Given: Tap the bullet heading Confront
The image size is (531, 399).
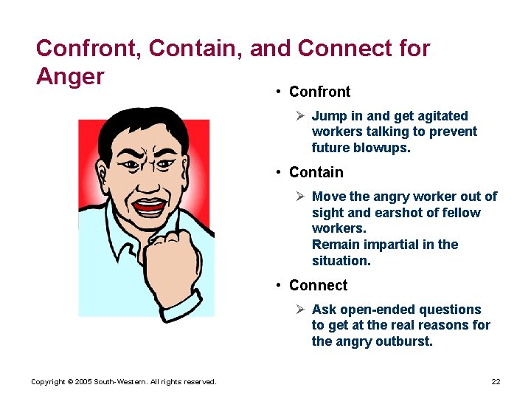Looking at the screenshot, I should [x=319, y=92].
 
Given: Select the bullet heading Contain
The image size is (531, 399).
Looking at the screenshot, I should [x=316, y=172].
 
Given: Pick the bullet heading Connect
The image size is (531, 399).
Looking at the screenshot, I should [x=318, y=285].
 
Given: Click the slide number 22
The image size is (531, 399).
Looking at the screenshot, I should [x=496, y=381].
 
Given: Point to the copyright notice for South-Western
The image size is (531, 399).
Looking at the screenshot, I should [x=124, y=381].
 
